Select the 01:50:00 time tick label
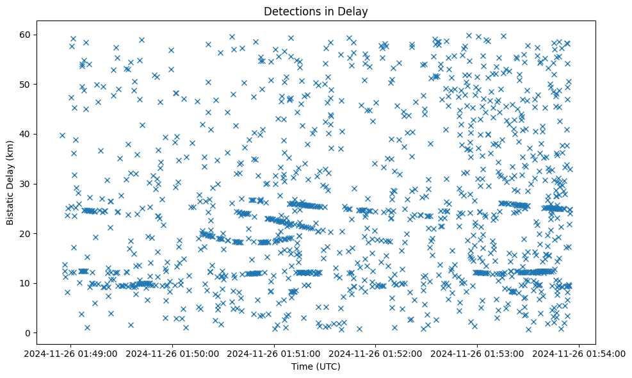(x=174, y=353)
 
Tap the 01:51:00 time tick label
(x=275, y=353)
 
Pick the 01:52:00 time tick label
(x=377, y=353)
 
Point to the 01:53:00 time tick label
(x=478, y=353)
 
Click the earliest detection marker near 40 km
(x=62, y=135)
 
